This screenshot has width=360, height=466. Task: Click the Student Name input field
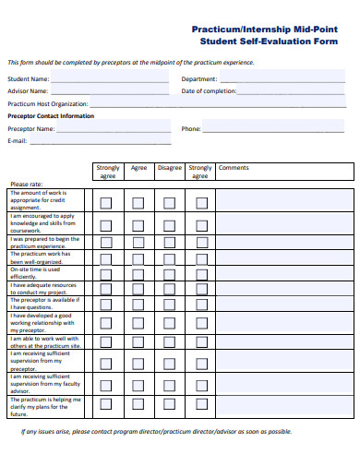pyautogui.click(x=110, y=79)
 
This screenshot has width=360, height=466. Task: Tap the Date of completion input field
pyautogui.click(x=295, y=91)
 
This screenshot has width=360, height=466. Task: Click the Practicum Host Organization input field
pyautogui.click(x=130, y=103)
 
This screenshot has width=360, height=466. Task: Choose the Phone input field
pyautogui.click(x=277, y=128)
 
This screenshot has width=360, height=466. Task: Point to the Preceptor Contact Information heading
pyautogui.click(x=51, y=116)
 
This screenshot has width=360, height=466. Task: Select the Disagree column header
pyautogui.click(x=169, y=168)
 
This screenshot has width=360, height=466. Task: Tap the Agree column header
pyautogui.click(x=138, y=168)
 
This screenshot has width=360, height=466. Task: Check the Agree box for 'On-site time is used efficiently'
pyautogui.click(x=138, y=273)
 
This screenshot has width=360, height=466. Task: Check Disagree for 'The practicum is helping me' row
pyautogui.click(x=169, y=403)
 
